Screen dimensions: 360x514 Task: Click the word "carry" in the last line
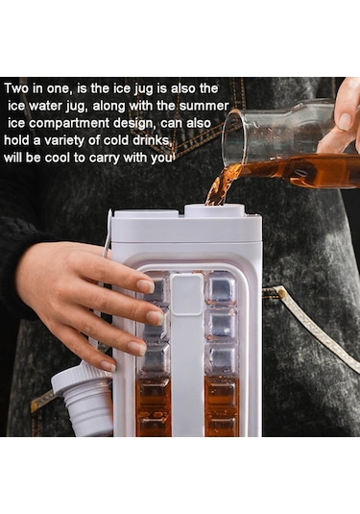coord(105,159)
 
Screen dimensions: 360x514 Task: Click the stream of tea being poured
coord(217,185)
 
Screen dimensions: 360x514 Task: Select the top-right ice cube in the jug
coord(220,288)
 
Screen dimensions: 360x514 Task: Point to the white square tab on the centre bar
coord(187,294)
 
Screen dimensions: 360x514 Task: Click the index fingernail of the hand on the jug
coord(146,286)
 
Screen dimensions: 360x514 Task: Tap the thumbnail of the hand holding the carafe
coord(344,122)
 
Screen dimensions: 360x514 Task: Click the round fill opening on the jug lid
coord(215,208)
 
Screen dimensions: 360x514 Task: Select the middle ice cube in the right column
coord(221,325)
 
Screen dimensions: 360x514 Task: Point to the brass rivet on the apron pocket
coord(280,292)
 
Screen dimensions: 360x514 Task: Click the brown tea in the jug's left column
coord(154,406)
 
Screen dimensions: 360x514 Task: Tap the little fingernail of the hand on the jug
coord(108,365)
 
